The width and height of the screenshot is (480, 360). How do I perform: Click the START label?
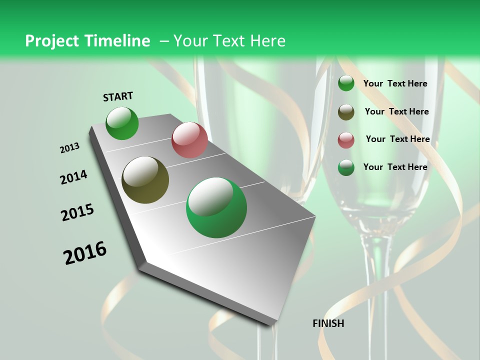pyautogui.click(x=118, y=96)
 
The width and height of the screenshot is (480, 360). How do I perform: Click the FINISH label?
pyautogui.click(x=328, y=323)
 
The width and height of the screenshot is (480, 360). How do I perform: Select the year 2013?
pyautogui.click(x=69, y=148)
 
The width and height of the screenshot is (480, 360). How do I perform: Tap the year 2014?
pyautogui.click(x=73, y=177)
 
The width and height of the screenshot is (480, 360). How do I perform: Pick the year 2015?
pyautogui.click(x=77, y=212)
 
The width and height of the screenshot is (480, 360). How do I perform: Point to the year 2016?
pyautogui.click(x=85, y=253)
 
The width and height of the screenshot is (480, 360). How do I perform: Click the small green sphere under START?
pyautogui.click(x=122, y=123)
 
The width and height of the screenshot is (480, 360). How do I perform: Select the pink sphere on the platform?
pyautogui.click(x=189, y=140)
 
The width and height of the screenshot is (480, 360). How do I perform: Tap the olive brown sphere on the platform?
pyautogui.click(x=145, y=180)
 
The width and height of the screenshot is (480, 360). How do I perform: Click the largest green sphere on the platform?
pyautogui.click(x=216, y=207)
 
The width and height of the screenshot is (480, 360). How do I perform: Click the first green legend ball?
pyautogui.click(x=346, y=83)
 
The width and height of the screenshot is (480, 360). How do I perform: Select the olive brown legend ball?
pyautogui.click(x=346, y=112)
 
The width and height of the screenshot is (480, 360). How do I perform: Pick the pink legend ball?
pyautogui.click(x=346, y=140)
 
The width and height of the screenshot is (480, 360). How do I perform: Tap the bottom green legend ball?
pyautogui.click(x=346, y=167)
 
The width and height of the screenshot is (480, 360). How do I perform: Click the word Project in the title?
pyautogui.click(x=51, y=41)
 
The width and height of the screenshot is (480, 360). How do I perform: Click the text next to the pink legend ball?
pyautogui.click(x=397, y=139)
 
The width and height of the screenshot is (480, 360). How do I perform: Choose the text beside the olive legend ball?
pyautogui.click(x=396, y=111)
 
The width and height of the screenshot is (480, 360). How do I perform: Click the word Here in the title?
pyautogui.click(x=267, y=41)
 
